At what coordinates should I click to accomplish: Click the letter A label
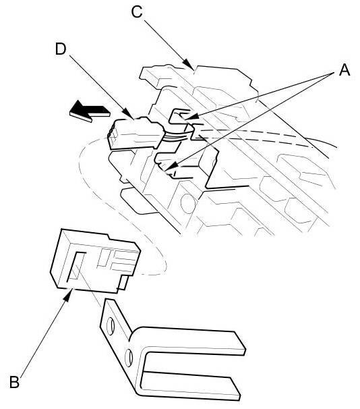coord(344,70)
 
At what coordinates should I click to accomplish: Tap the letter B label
coord(15,382)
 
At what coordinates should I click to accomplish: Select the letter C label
coord(137,11)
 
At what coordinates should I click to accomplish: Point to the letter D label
coord(61,49)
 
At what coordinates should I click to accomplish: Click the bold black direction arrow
coord(90,111)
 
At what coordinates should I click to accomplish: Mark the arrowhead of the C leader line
coord(189,65)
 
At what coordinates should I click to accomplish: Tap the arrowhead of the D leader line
coord(129,114)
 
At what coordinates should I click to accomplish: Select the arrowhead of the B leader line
coord(67,296)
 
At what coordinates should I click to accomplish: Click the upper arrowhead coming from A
coord(190,117)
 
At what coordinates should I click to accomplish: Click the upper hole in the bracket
coord(111,326)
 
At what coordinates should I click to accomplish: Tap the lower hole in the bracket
coord(128,358)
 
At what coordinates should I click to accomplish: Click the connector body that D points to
coord(135,134)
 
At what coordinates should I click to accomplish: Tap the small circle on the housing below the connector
coord(188,204)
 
